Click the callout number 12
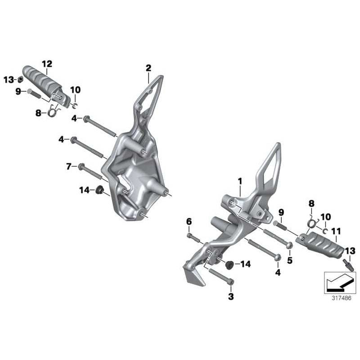click(47, 63)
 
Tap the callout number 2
click(148, 68)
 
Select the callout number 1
click(240, 181)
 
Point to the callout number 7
click(69, 166)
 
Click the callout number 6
click(189, 221)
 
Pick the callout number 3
click(231, 296)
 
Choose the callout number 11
click(336, 231)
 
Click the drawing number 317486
click(342, 298)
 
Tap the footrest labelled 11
click(321, 244)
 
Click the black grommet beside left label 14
click(99, 189)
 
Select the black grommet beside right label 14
click(229, 265)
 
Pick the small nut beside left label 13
click(20, 80)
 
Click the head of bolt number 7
click(81, 166)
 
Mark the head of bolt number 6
click(189, 235)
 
